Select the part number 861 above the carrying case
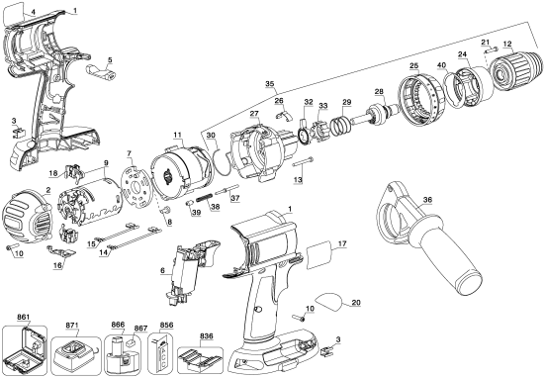click(x=24, y=316)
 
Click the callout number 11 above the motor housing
click(x=177, y=134)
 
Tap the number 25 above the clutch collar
click(x=414, y=65)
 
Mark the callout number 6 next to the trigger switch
click(x=162, y=270)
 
